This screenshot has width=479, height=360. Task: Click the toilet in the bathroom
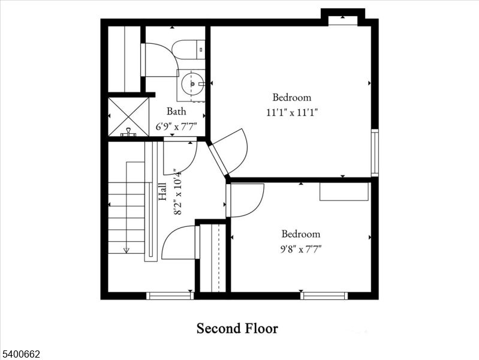[x=188, y=49]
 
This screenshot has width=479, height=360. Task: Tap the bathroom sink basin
[x=193, y=84]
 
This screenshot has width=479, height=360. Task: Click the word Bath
[x=176, y=111]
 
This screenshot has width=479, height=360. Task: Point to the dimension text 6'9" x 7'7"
[x=176, y=127]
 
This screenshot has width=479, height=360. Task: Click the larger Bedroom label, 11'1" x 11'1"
[x=292, y=97]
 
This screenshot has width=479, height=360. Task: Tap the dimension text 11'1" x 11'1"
[x=292, y=112]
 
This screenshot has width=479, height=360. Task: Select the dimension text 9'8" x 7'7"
[x=301, y=248]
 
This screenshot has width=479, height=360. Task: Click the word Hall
[x=162, y=193]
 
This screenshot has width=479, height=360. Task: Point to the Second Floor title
[x=237, y=328]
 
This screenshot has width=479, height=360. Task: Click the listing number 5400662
[x=22, y=355]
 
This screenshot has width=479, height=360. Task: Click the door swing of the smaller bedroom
[x=246, y=200]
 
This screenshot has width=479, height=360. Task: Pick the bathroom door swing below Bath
[x=180, y=155]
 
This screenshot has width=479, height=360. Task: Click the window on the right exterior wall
[x=375, y=153]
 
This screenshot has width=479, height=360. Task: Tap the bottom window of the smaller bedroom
[x=324, y=295]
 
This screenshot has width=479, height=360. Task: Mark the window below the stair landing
[x=170, y=295]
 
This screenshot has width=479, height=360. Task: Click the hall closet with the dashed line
[x=213, y=258]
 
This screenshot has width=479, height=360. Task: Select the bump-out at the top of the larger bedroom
[x=343, y=16]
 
